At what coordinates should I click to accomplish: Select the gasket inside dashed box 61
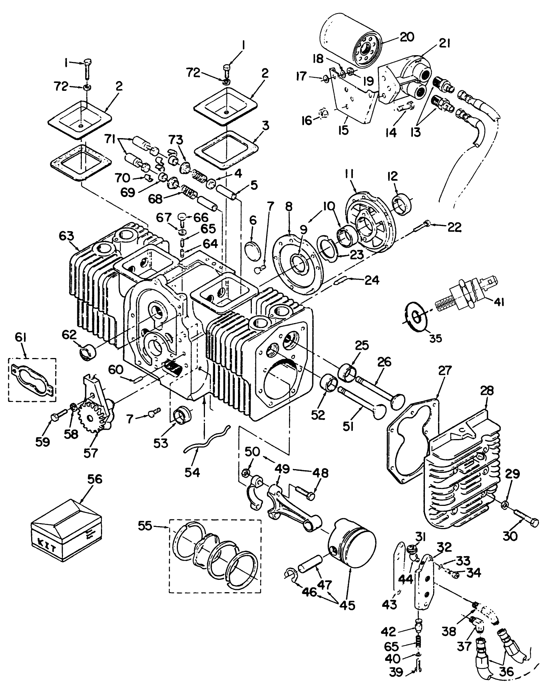pyautogui.click(x=32, y=379)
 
